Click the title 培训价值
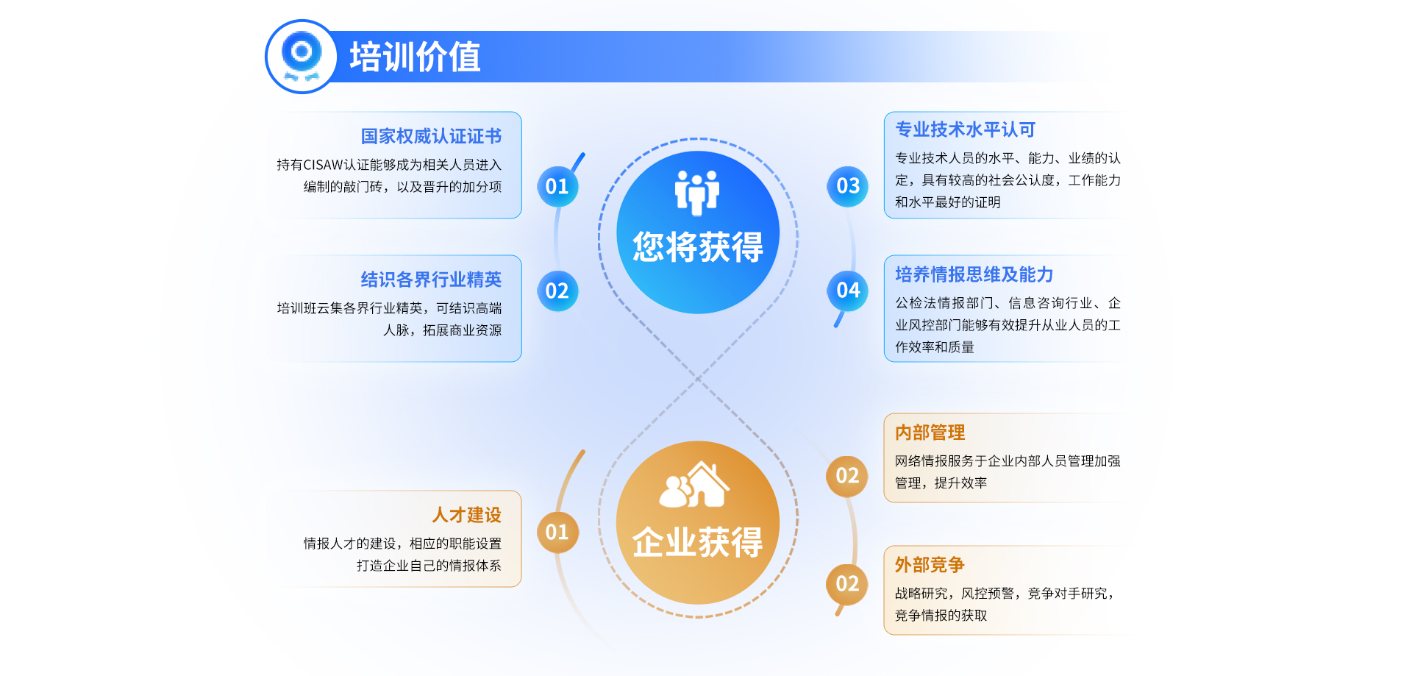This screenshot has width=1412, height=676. tap(415, 57)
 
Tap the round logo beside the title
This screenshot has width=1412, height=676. tap(301, 57)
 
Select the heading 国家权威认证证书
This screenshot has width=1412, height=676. tap(431, 136)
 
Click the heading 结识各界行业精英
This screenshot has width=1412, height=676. tap(431, 280)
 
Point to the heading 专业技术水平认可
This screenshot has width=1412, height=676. tap(965, 129)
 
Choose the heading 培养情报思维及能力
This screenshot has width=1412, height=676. tap(974, 274)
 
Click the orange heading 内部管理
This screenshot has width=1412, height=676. tap(930, 433)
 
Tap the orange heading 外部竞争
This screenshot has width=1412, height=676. tap(930, 565)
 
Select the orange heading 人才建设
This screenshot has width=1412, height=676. tap(466, 515)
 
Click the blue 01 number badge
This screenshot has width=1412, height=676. tap(557, 186)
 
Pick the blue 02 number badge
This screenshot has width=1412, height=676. tap(557, 291)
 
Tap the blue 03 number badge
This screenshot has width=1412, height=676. tap(848, 186)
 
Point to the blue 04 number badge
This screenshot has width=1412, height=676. tap(848, 291)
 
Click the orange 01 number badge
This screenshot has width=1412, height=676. tap(557, 532)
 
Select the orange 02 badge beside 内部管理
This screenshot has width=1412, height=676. tap(847, 476)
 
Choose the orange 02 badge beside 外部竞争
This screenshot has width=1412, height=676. tap(847, 584)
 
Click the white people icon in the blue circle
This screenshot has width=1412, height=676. tap(697, 192)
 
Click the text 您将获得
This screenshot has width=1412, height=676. tap(698, 247)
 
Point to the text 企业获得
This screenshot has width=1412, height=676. tap(698, 543)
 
